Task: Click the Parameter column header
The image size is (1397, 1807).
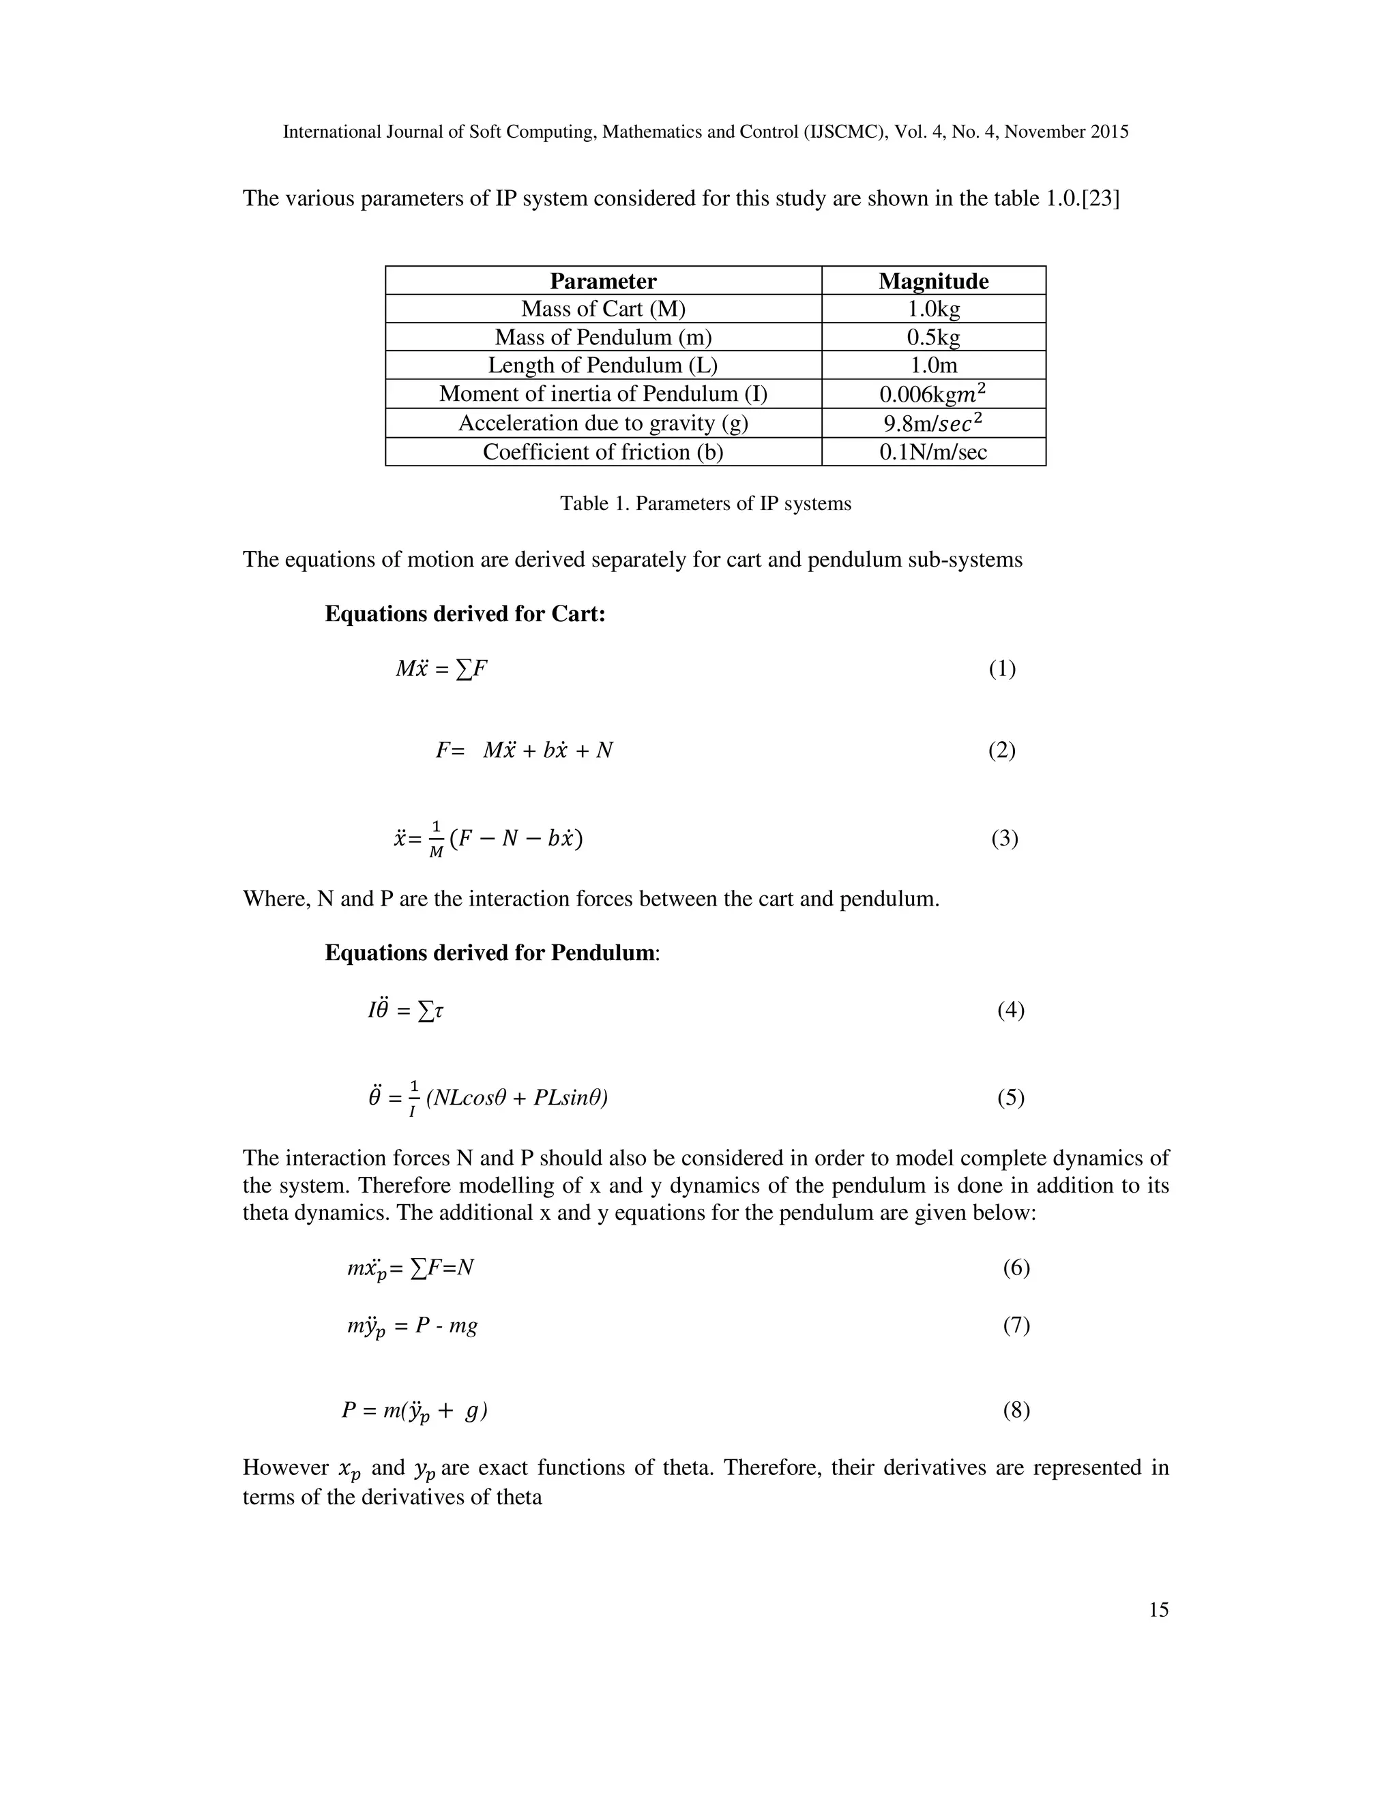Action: (x=602, y=282)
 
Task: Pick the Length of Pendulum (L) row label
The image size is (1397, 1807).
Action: (x=602, y=365)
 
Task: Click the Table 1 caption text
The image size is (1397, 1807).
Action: (x=705, y=504)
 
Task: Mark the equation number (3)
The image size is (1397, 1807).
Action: (x=1004, y=839)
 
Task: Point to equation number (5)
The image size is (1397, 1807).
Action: (x=1010, y=1098)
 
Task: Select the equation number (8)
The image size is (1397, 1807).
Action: (x=1016, y=1411)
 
